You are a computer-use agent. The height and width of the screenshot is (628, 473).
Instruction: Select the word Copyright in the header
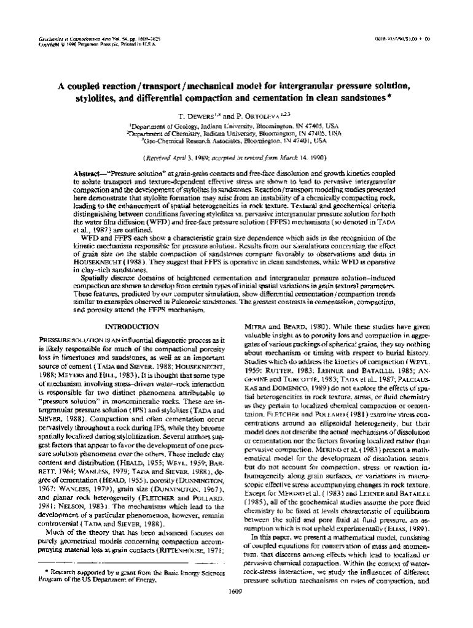(x=49, y=45)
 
